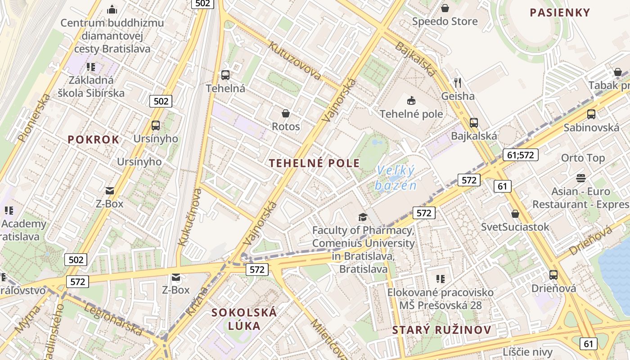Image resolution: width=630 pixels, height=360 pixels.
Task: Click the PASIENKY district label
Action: (559, 13)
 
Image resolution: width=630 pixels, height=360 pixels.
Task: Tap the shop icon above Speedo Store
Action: (445, 8)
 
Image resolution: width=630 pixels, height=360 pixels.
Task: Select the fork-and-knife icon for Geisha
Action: (458, 82)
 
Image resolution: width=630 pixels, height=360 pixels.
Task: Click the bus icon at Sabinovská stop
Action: (591, 114)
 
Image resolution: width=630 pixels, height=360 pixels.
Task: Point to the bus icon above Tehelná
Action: (225, 75)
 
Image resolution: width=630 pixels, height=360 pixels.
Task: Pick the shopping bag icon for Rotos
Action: (285, 113)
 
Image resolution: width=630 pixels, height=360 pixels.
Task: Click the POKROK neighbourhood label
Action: (94, 139)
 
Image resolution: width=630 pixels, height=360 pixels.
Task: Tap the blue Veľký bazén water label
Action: (396, 178)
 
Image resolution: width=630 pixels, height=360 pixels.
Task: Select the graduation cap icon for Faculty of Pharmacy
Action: (363, 217)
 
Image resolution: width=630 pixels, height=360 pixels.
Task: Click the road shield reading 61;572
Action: (520, 155)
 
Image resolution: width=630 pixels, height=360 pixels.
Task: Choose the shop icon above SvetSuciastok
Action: (515, 214)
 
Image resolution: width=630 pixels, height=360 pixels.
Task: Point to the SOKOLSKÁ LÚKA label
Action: (244, 319)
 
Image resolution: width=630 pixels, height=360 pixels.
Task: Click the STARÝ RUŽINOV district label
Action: (441, 330)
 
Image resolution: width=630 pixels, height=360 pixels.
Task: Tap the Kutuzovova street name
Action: (294, 61)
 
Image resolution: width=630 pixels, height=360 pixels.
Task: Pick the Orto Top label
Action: (583, 158)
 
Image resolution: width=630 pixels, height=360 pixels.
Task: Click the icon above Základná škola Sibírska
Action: (91, 67)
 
